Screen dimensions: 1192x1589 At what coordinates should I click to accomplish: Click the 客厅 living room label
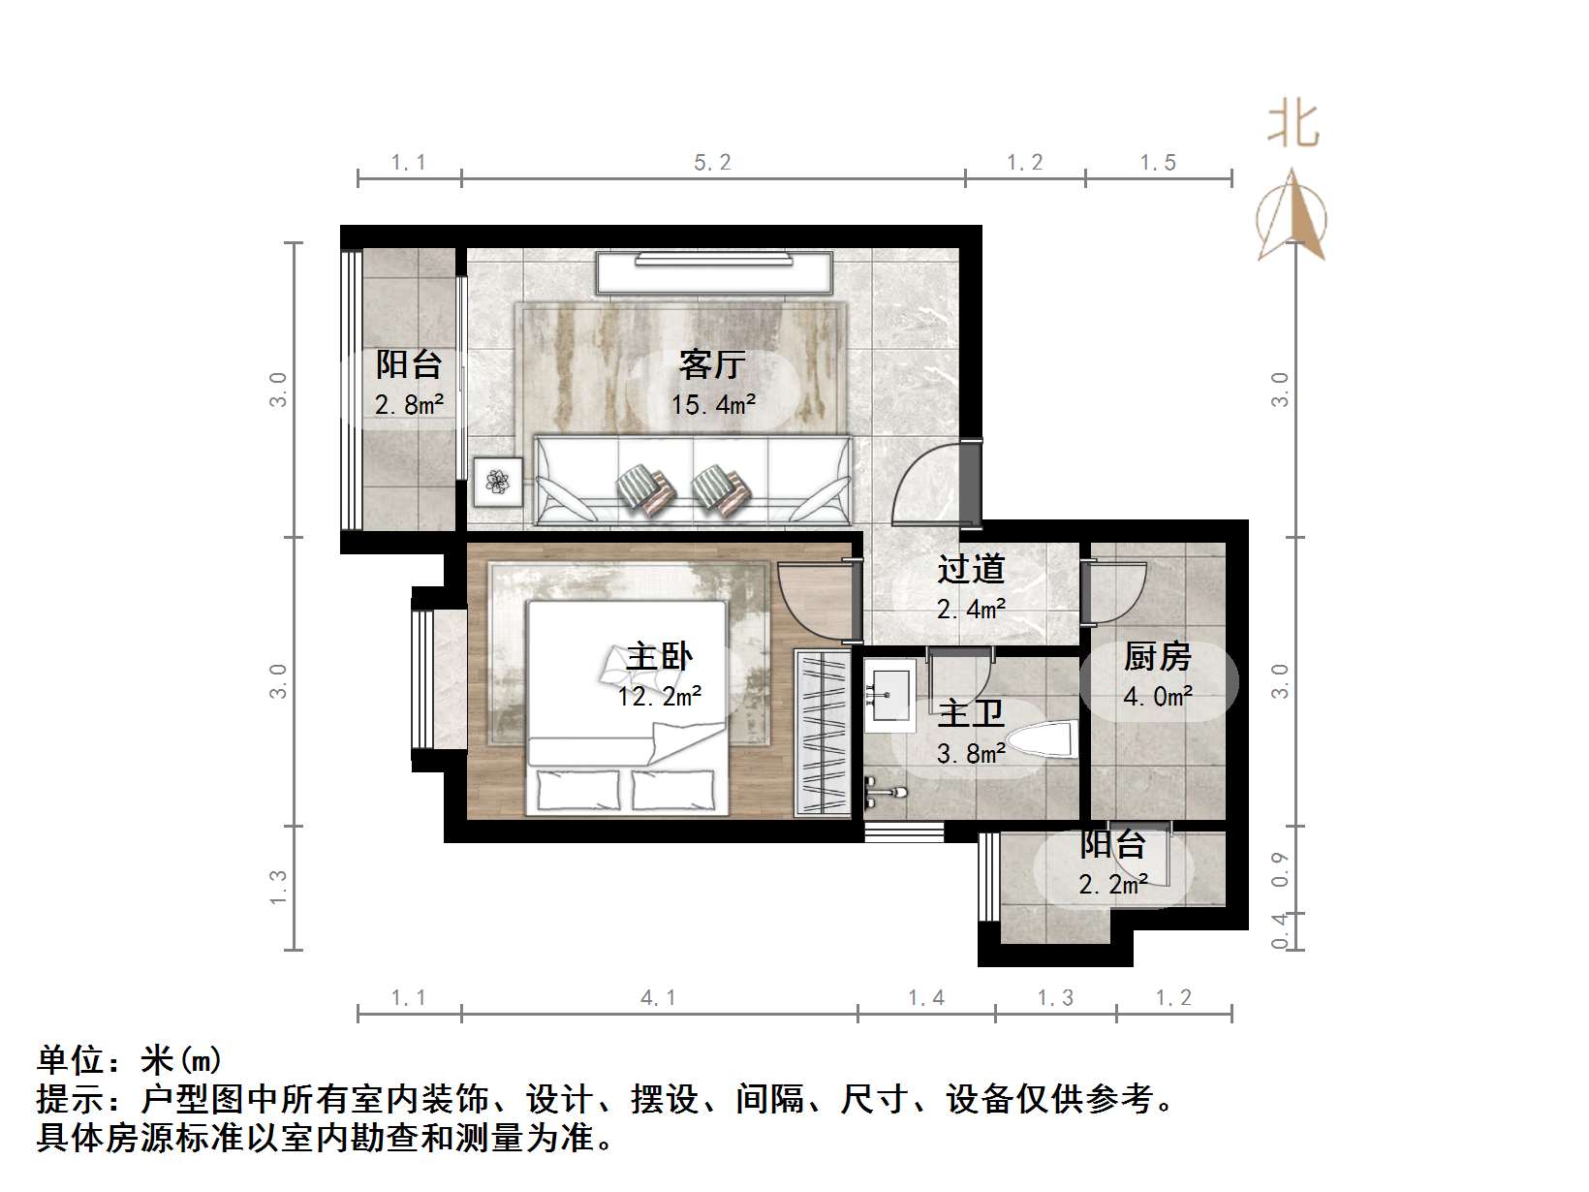pyautogui.click(x=712, y=365)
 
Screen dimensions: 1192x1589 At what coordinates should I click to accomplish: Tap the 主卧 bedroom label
pyautogui.click(x=660, y=657)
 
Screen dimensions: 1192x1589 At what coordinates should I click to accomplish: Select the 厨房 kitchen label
pyautogui.click(x=1157, y=657)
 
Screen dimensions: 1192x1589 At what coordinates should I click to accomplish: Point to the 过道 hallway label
pyautogui.click(x=971, y=569)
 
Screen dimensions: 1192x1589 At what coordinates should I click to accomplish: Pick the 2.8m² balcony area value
pyautogui.click(x=409, y=404)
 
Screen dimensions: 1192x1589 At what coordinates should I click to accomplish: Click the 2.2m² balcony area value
pyautogui.click(x=1113, y=884)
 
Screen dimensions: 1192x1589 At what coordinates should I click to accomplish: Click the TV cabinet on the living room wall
pyautogui.click(x=714, y=272)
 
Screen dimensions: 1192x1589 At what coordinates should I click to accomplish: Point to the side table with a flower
pyautogui.click(x=498, y=482)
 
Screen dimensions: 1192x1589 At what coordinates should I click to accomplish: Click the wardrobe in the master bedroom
pyautogui.click(x=822, y=733)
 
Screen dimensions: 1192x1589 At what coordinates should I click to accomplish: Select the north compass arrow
pyautogui.click(x=1292, y=217)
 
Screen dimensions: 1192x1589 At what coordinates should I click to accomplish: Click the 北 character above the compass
pyautogui.click(x=1293, y=125)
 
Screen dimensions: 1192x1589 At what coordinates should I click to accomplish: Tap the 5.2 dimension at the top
pyautogui.click(x=712, y=163)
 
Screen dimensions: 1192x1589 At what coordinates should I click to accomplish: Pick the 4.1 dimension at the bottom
pyautogui.click(x=659, y=998)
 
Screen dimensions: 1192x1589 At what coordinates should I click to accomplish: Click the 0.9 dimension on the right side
pyautogui.click(x=1280, y=869)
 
